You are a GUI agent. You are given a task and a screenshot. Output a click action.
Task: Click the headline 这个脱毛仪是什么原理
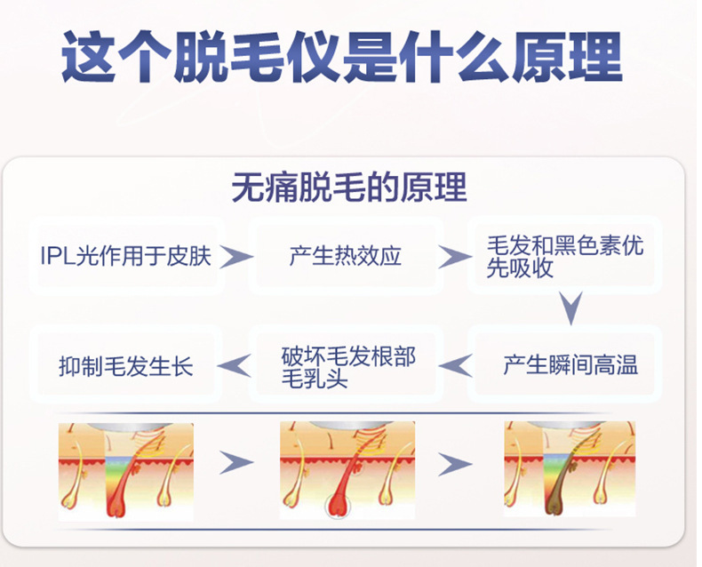click(x=341, y=59)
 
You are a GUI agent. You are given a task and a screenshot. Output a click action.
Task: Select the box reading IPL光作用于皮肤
click(x=125, y=257)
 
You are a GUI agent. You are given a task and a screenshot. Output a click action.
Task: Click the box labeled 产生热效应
click(x=345, y=257)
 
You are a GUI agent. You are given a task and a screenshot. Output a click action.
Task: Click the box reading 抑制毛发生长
click(x=125, y=365)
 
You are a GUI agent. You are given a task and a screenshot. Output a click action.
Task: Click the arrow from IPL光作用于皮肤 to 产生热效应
click(x=235, y=257)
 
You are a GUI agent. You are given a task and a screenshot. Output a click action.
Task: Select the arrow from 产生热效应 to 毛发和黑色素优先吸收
click(x=455, y=258)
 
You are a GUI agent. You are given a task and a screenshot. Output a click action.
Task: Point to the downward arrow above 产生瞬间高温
click(x=570, y=308)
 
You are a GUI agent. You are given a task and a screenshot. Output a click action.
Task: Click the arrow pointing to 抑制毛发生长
click(x=235, y=364)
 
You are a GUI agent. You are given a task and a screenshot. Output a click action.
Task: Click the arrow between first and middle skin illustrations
click(x=235, y=463)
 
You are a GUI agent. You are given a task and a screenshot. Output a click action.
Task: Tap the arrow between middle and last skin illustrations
click(x=455, y=463)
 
